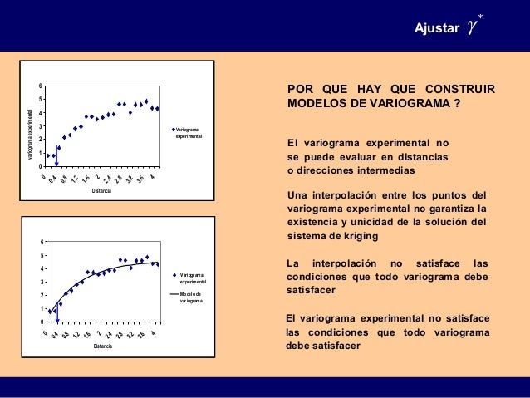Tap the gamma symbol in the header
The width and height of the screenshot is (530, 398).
[472, 27]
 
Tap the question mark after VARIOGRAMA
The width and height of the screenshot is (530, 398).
[457, 104]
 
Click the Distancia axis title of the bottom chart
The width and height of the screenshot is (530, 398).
[102, 346]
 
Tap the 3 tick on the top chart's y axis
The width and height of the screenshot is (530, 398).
[39, 126]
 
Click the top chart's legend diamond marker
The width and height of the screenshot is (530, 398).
[173, 129]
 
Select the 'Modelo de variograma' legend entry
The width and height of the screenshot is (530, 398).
[192, 297]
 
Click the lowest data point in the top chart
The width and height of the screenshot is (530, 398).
[56, 163]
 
